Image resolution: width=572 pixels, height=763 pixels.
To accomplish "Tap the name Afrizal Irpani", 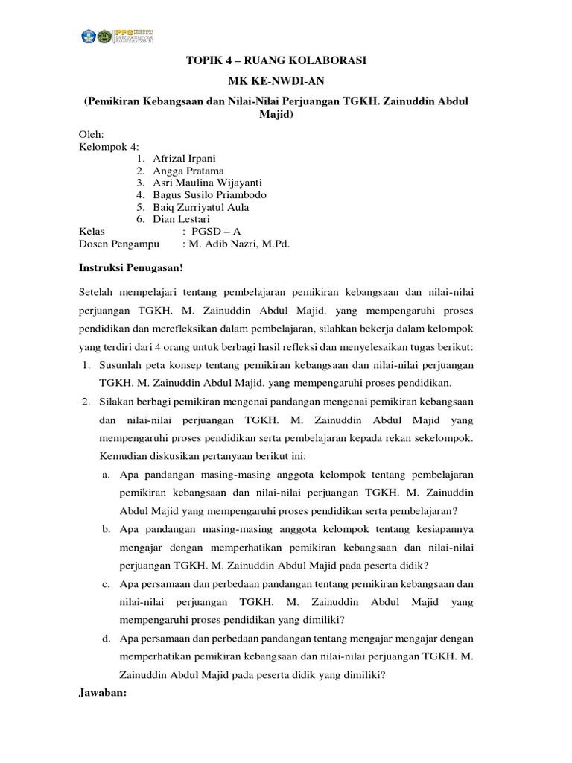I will (185, 159).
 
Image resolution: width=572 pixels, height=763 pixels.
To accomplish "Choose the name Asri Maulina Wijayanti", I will (207, 183).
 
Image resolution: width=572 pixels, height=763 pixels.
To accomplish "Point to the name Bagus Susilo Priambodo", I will (209, 194).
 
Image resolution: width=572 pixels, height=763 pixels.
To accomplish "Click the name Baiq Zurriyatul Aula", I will (200, 207).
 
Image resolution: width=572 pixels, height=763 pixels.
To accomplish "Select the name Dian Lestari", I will (181, 219).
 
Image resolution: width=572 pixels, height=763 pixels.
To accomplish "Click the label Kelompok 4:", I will (109, 147).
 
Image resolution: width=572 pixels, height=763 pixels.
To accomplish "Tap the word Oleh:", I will (92, 134).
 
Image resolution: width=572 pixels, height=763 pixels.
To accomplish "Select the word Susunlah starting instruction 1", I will (123, 365).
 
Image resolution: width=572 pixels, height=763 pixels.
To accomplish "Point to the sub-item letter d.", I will (107, 639).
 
